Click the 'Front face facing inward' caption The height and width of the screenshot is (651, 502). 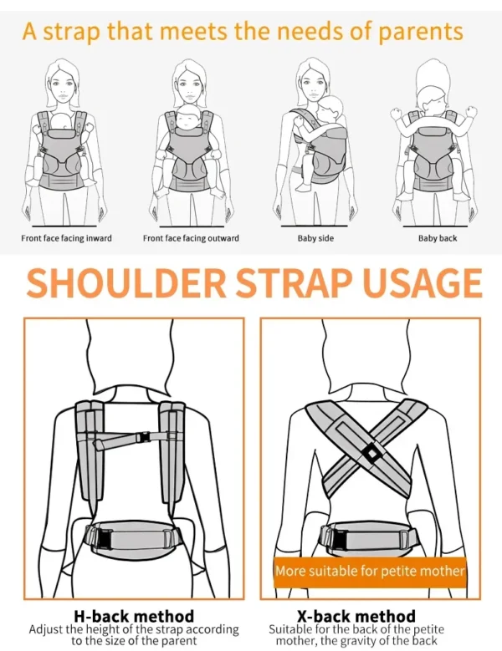(x=66, y=238)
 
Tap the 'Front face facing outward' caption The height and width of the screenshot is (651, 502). (x=191, y=238)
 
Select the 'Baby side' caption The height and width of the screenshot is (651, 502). (x=315, y=238)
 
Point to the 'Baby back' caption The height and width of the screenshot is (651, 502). (x=438, y=238)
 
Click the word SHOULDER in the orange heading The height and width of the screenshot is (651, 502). (x=126, y=282)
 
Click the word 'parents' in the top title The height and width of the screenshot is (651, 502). (x=421, y=33)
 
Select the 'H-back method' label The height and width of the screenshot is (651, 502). (x=134, y=616)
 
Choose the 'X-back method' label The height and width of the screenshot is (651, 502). (x=356, y=616)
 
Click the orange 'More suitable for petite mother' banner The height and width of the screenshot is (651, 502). (x=370, y=572)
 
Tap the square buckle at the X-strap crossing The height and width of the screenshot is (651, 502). (x=371, y=454)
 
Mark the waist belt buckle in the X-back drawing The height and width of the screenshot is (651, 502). (x=340, y=539)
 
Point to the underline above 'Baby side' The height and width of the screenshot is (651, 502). (x=314, y=226)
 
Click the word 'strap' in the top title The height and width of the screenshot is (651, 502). (x=72, y=33)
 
